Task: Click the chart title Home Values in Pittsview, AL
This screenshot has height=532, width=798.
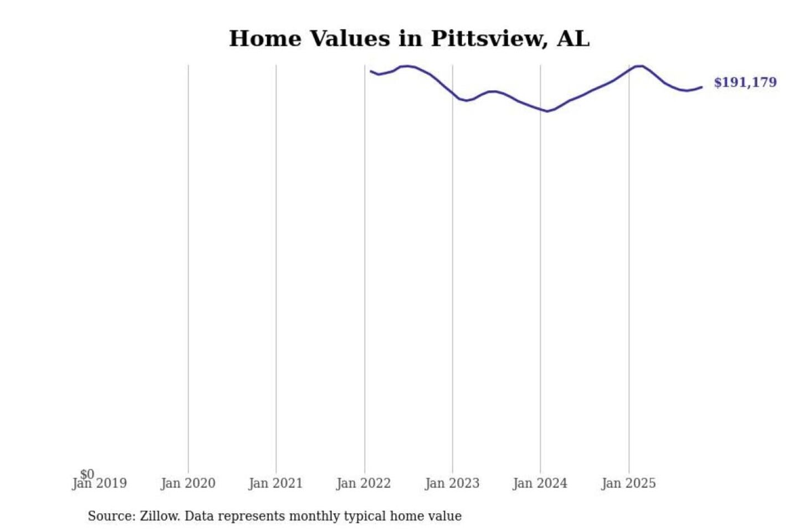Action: (409, 39)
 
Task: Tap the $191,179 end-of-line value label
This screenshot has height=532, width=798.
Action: (745, 83)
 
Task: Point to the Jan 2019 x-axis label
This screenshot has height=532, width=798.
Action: (100, 484)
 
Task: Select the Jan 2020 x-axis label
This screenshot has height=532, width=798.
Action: (188, 484)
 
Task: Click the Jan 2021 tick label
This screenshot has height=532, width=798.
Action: (275, 484)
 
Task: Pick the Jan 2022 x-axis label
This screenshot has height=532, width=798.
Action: (364, 484)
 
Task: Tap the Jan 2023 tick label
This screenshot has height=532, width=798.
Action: (452, 484)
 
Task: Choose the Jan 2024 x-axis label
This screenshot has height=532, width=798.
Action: (540, 484)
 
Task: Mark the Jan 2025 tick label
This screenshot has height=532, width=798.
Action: (628, 484)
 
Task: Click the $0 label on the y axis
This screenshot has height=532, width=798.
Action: (87, 474)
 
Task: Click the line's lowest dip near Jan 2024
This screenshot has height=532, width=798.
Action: (548, 111)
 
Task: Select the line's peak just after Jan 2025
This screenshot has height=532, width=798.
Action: (640, 66)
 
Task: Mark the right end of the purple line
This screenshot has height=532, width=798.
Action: (702, 87)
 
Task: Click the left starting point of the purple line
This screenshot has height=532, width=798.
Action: (371, 71)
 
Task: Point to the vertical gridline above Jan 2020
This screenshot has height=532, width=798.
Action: (188, 266)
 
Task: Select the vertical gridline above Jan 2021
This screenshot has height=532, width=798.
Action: (276, 266)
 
